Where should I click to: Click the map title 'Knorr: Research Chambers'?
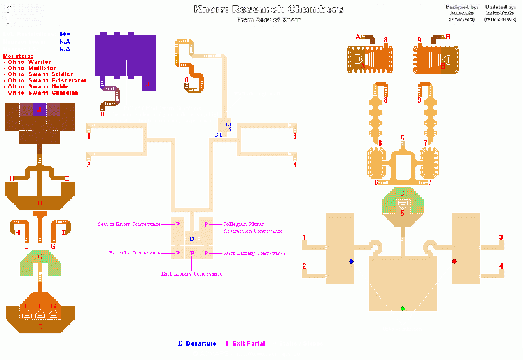pyautogui.click(x=268, y=9)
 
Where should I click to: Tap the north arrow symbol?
pyautogui.click(x=7, y=10)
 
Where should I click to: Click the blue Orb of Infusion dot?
pyautogui.click(x=351, y=261)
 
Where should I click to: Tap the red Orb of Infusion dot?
pyautogui.click(x=454, y=261)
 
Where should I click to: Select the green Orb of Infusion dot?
pyautogui.click(x=403, y=308)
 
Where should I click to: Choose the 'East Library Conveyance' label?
pyautogui.click(x=191, y=274)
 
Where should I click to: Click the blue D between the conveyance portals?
pyautogui.click(x=191, y=239)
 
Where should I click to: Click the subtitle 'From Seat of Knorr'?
pyautogui.click(x=268, y=20)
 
